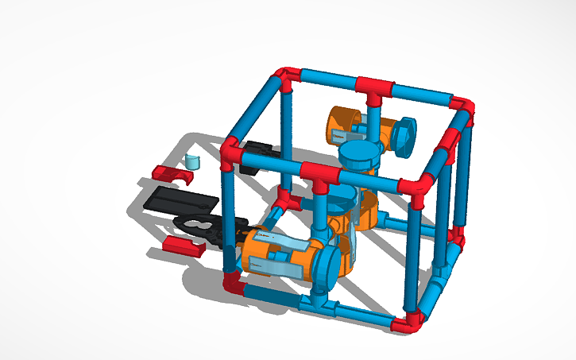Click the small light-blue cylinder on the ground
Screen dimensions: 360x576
191,161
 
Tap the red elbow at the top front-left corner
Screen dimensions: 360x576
231,153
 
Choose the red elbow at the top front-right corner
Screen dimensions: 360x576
416,190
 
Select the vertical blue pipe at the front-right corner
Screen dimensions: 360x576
416,254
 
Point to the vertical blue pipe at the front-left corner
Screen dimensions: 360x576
230,215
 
